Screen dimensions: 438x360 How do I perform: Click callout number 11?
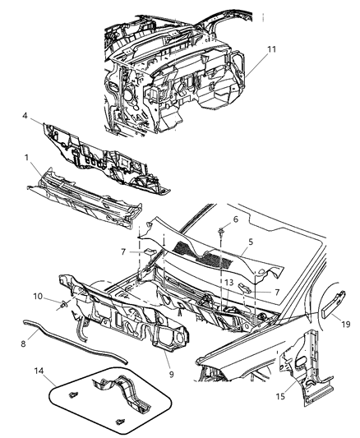[273, 50]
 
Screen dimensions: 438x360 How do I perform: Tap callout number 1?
[28, 156]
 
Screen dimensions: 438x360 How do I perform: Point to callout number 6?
[234, 219]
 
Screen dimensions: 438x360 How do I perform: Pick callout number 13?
[230, 282]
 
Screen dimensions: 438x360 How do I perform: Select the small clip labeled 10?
[62, 305]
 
